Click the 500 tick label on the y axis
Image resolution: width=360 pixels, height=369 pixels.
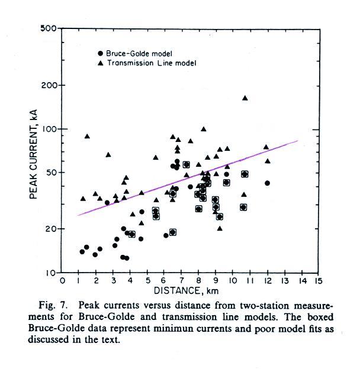click(x=49, y=29)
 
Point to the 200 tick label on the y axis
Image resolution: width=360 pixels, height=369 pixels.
click(x=49, y=85)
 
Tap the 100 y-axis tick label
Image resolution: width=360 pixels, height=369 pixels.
click(x=49, y=129)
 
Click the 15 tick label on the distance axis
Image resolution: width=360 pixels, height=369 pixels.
click(x=319, y=281)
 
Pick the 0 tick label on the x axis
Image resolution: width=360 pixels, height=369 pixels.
click(x=62, y=281)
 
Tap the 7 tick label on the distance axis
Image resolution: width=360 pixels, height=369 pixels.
click(x=182, y=281)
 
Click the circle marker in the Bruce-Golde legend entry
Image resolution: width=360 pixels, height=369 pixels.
click(x=101, y=52)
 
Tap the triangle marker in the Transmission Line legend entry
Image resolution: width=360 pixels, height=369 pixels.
click(x=101, y=62)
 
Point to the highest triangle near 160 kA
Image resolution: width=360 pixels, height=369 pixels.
click(x=245, y=98)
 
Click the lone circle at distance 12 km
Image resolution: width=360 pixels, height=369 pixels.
click(x=267, y=183)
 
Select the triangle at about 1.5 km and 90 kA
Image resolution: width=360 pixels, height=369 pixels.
click(x=87, y=137)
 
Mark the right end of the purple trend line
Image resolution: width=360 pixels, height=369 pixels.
click(x=297, y=141)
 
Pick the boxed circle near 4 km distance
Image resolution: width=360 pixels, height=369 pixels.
click(x=132, y=235)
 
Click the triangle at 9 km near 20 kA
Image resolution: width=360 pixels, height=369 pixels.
click(x=220, y=228)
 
